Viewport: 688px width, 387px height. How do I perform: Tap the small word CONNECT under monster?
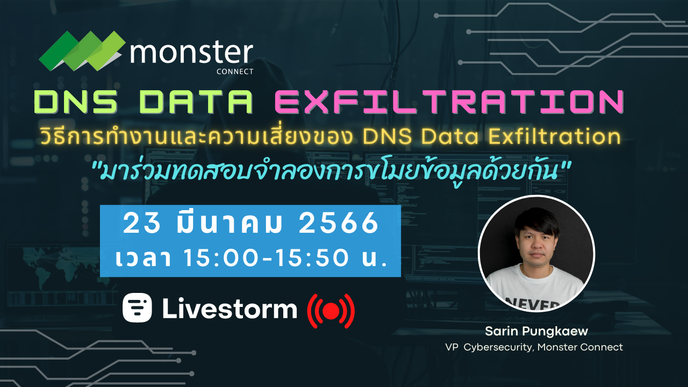pyautogui.click(x=234, y=71)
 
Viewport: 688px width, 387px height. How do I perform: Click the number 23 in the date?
pyautogui.click(x=142, y=224)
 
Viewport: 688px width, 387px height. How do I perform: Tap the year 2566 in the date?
pyautogui.click(x=339, y=224)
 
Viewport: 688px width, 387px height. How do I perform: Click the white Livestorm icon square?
pyautogui.click(x=137, y=307)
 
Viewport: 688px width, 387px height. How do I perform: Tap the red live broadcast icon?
pyautogui.click(x=331, y=311)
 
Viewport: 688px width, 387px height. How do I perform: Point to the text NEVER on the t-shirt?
pyautogui.click(x=537, y=304)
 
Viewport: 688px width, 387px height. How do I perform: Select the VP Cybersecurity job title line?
pyautogui.click(x=534, y=347)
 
